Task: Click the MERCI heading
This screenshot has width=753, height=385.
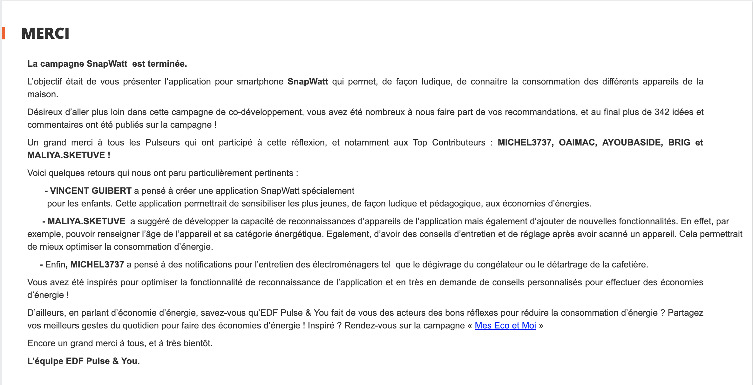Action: click(45, 34)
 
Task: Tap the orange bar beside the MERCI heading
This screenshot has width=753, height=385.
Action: click(3, 33)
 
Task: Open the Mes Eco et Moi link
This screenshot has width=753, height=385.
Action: click(505, 326)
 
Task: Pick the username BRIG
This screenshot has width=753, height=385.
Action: click(679, 143)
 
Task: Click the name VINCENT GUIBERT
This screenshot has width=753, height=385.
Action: click(91, 191)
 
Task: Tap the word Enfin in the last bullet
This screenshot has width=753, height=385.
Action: click(55, 265)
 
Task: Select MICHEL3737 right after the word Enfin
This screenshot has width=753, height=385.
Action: click(97, 265)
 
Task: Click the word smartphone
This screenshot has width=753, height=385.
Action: click(260, 82)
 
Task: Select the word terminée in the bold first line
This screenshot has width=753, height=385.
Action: click(168, 64)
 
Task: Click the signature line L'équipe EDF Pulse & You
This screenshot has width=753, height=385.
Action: click(83, 361)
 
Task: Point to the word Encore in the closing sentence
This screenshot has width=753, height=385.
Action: click(41, 343)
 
